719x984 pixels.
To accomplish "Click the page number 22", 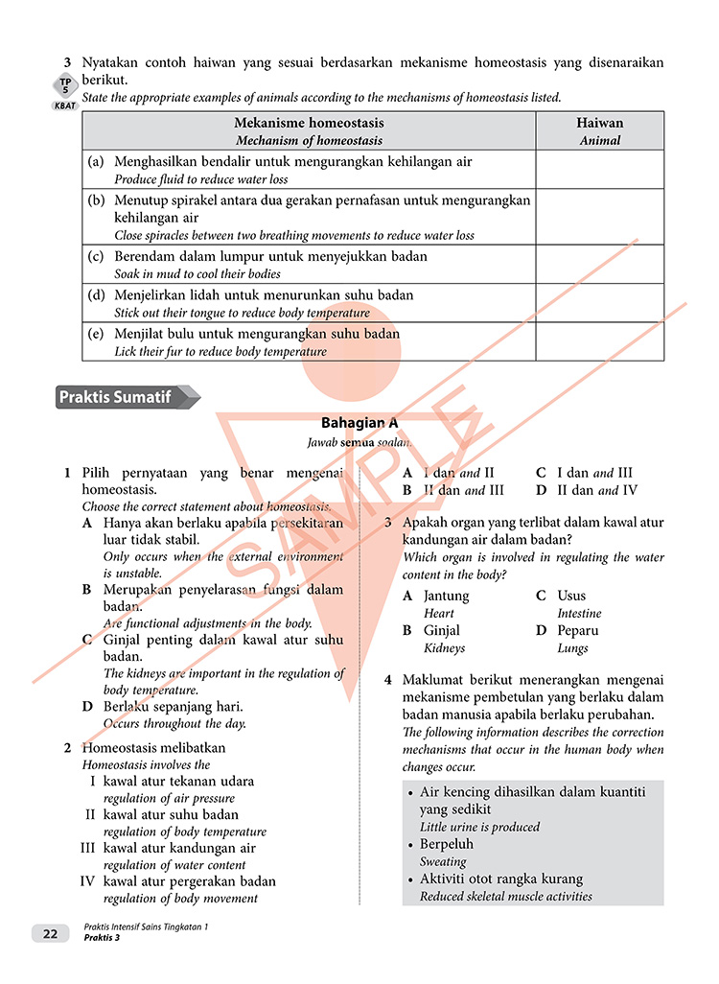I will [x=50, y=933].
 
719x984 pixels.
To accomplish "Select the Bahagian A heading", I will [x=359, y=422].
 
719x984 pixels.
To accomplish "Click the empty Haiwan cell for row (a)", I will [x=600, y=169].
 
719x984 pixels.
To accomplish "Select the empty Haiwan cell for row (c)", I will [x=600, y=264].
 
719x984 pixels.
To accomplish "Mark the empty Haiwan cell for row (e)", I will [x=600, y=340].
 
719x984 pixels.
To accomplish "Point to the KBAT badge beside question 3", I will [x=65, y=105].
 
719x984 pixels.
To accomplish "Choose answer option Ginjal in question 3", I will [x=442, y=630].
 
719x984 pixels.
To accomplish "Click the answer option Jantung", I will [x=446, y=596].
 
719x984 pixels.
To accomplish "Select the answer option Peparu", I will [x=578, y=630].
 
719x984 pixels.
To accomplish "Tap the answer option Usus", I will [x=571, y=596].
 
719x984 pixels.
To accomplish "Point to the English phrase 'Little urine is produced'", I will [x=479, y=827].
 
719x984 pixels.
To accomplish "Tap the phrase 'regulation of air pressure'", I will [x=169, y=798].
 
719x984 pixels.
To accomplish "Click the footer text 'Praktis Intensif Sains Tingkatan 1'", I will [x=146, y=926].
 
